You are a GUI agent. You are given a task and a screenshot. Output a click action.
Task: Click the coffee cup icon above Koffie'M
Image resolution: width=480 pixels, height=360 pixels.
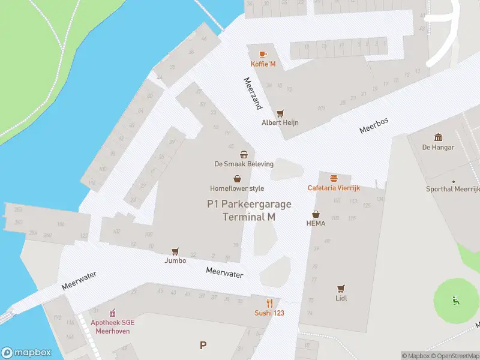click(x=263, y=55)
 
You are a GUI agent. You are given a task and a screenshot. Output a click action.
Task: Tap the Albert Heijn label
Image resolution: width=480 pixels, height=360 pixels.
click(x=280, y=122)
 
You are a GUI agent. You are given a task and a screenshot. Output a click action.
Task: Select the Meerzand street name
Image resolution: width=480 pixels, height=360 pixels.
click(x=253, y=93)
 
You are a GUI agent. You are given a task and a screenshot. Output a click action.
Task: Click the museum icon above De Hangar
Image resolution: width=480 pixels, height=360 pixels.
click(x=438, y=137)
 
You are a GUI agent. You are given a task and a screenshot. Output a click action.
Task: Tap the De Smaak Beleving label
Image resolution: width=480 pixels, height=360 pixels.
click(x=244, y=164)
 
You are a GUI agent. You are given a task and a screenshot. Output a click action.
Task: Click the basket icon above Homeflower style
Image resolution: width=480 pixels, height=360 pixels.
click(x=238, y=179)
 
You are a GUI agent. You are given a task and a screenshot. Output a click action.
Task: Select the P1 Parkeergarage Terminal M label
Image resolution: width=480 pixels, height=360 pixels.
click(x=249, y=211)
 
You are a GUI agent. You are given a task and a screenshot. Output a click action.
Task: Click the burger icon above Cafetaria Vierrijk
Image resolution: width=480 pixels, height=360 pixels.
click(x=334, y=178)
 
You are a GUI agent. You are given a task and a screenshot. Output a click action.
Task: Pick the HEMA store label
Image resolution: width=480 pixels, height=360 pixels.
click(x=316, y=223)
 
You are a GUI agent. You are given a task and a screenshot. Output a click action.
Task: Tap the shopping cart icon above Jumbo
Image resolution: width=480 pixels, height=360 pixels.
click(x=176, y=251)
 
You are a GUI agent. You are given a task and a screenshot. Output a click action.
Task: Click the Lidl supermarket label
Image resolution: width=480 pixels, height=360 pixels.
click(x=341, y=298)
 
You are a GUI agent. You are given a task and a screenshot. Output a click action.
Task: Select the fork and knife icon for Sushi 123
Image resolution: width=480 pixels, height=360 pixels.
click(x=270, y=303)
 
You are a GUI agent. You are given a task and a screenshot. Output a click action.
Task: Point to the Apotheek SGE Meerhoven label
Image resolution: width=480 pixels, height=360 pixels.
click(x=112, y=326)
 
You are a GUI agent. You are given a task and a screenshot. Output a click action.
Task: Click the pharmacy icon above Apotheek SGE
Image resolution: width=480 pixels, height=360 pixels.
click(x=112, y=313)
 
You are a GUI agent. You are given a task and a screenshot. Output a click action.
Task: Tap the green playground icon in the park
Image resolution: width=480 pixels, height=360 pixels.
click(x=455, y=299)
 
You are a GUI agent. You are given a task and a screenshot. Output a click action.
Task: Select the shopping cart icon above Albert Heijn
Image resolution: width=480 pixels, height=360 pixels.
click(x=280, y=113)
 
